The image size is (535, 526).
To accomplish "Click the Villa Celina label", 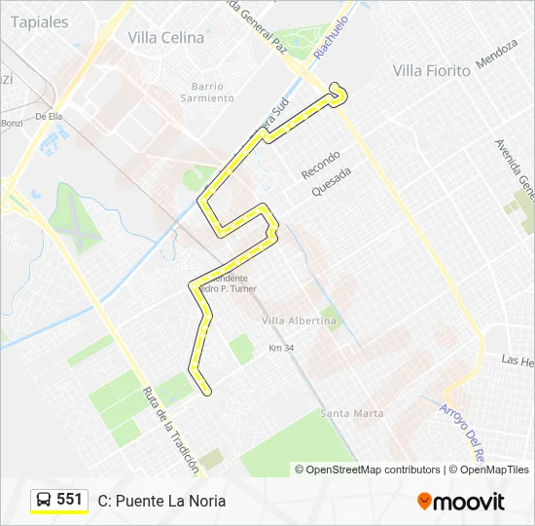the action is [x=166, y=38].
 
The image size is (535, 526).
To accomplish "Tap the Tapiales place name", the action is [x=40, y=21].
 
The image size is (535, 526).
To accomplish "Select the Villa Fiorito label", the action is [x=431, y=70].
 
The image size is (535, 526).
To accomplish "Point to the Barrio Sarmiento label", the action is [x=207, y=92].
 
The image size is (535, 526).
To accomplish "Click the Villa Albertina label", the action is [x=299, y=320].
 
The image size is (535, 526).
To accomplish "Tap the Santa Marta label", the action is [x=352, y=413].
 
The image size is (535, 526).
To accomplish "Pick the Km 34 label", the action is [x=280, y=348].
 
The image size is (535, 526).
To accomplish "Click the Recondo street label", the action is [x=320, y=165].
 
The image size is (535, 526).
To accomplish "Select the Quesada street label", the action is [x=331, y=180].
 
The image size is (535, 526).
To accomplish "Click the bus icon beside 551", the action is [x=44, y=500].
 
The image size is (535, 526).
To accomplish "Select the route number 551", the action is [x=69, y=500].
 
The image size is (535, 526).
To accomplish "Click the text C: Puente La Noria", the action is [x=161, y=501].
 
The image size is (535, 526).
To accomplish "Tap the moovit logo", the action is [x=461, y=502].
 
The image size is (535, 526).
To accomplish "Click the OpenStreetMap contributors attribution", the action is [x=373, y=470].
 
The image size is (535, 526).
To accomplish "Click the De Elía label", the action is [x=49, y=116].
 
